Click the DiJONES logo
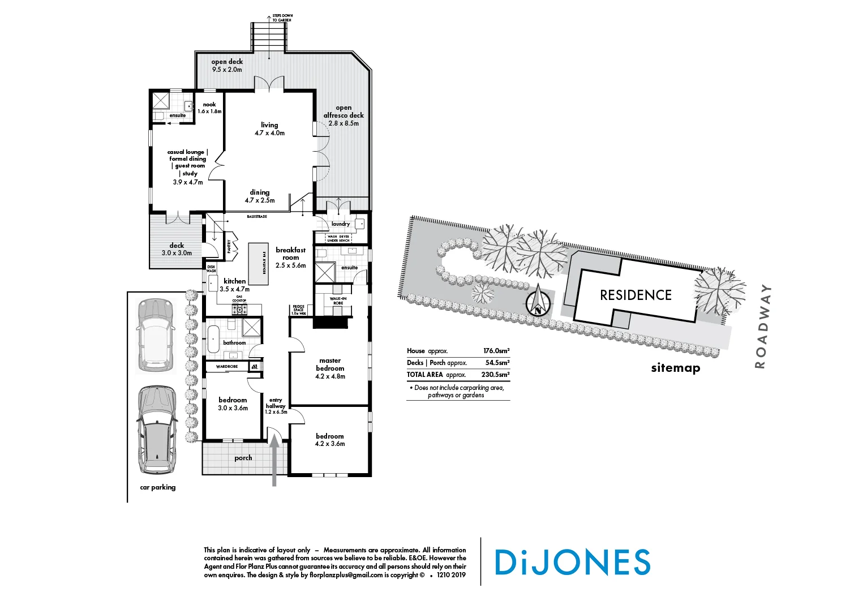572,562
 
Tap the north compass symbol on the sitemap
538,302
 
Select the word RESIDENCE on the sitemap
636,295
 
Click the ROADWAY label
762,327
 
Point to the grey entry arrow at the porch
274,460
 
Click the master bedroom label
330,364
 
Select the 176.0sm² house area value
496,351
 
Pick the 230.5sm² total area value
495,375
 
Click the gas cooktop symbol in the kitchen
239,309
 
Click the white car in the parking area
154,335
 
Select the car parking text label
158,487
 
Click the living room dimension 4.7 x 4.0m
269,133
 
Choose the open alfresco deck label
344,111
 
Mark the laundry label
341,224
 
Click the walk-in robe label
338,301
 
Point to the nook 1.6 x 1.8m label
209,108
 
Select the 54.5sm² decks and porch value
497,363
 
